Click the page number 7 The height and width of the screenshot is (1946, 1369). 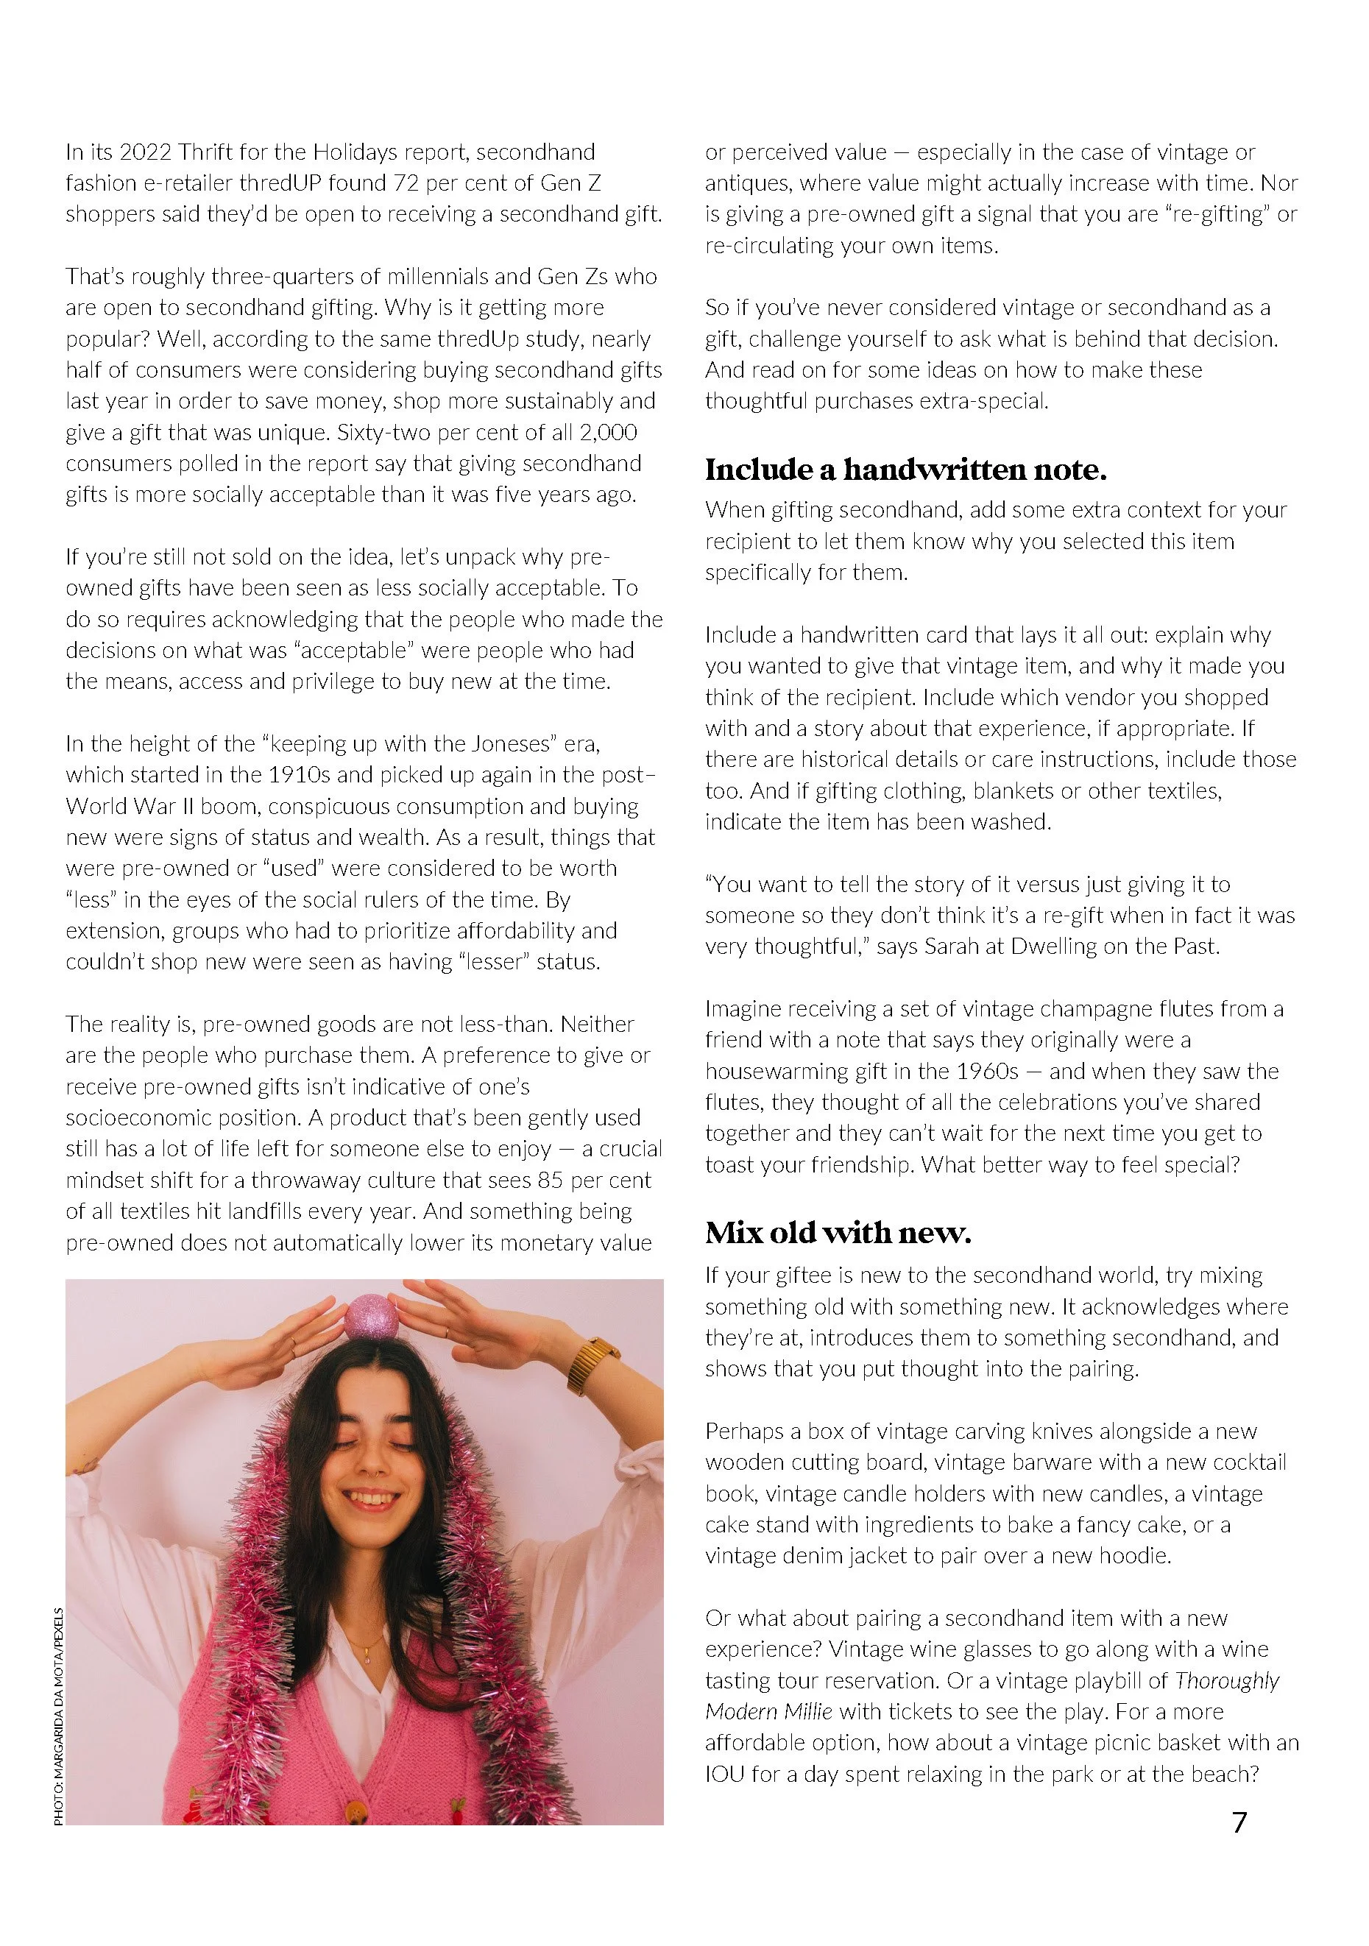(1239, 1822)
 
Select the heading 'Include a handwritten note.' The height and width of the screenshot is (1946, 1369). (905, 470)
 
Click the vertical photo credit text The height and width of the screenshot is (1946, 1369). (58, 1716)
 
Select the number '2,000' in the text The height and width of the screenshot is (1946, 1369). (608, 432)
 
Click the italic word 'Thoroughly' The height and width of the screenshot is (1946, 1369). (1227, 1681)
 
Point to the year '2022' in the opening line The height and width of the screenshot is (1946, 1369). (145, 152)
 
